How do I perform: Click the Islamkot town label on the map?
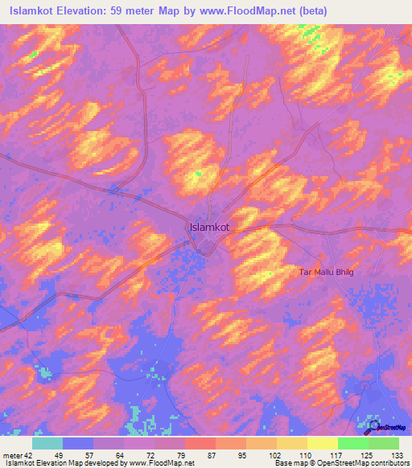pos(209,228)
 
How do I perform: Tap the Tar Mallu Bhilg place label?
pos(326,273)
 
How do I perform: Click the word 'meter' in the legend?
pos(11,455)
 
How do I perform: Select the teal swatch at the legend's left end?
pos(47,443)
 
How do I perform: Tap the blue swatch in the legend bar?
pos(78,443)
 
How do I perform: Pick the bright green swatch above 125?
pos(352,443)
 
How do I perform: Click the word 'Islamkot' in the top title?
pos(32,10)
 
